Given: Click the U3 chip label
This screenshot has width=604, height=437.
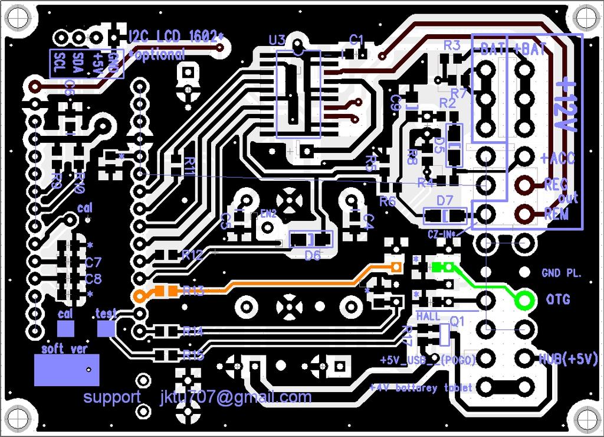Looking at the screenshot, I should pyautogui.click(x=277, y=40).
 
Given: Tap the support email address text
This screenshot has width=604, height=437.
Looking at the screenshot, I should pyautogui.click(x=235, y=397).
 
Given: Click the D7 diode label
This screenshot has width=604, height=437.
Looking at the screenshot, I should pyautogui.click(x=444, y=201).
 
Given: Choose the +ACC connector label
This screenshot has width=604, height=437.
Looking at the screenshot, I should pyautogui.click(x=557, y=158).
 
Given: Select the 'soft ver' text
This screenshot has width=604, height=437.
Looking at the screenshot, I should pyautogui.click(x=64, y=349).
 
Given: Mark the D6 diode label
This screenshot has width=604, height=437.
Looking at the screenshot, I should pyautogui.click(x=312, y=255).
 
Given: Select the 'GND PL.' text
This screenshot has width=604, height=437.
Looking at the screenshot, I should pyautogui.click(x=561, y=273).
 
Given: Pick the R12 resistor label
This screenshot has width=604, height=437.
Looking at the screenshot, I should pyautogui.click(x=193, y=255).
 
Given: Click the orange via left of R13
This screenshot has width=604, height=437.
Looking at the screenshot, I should pyautogui.click(x=140, y=296).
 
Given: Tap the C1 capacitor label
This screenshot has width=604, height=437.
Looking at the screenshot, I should pyautogui.click(x=357, y=40).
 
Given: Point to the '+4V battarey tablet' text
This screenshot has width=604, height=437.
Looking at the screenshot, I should pyautogui.click(x=421, y=387).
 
